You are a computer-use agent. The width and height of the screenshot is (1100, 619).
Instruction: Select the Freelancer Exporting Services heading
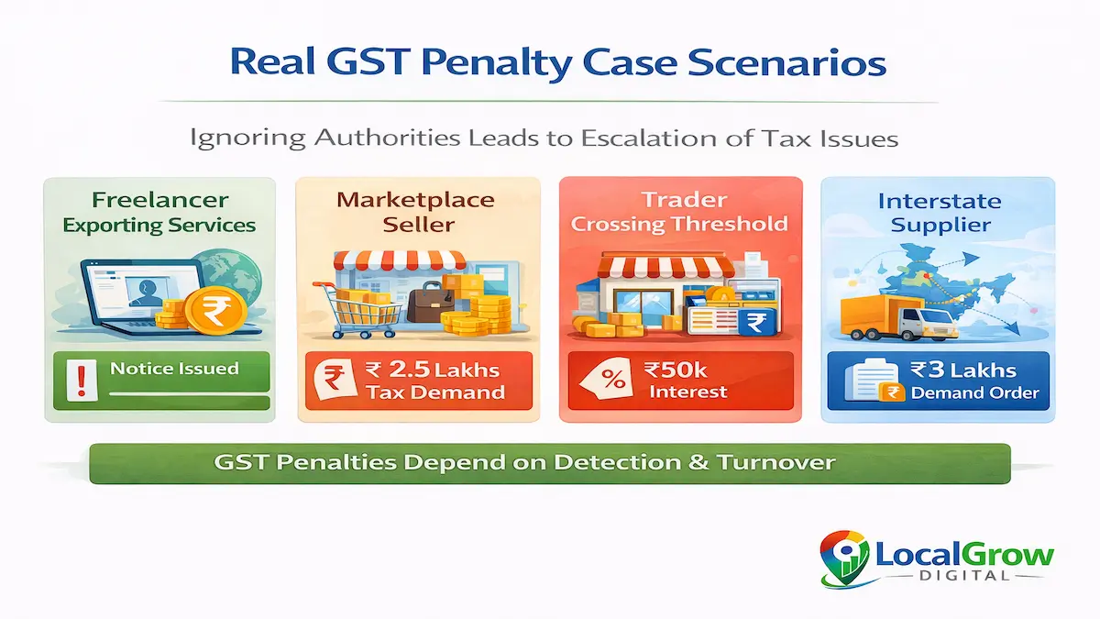coord(159,212)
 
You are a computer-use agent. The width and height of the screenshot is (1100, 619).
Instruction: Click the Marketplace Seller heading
coord(415,212)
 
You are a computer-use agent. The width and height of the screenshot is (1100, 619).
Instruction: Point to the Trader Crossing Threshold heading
coord(680,212)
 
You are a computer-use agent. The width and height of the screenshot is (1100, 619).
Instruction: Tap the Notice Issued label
coord(174,369)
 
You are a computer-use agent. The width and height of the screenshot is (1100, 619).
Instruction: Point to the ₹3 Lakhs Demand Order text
coord(962,381)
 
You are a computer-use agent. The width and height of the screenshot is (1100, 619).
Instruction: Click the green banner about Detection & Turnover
coord(550,463)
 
